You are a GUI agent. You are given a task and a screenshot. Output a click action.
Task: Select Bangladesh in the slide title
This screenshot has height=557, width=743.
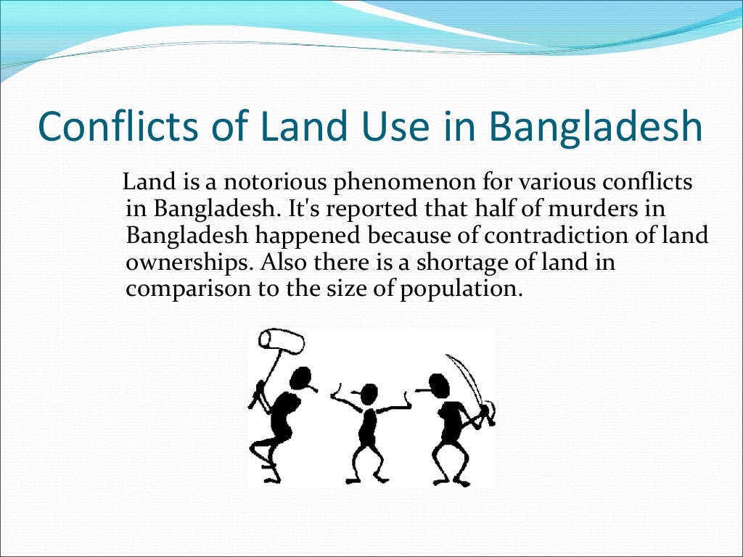click(596, 127)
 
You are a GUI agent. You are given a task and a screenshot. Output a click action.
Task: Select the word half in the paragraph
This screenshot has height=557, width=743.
click(495, 209)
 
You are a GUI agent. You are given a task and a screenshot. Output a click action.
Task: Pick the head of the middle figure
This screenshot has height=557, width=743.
click(369, 394)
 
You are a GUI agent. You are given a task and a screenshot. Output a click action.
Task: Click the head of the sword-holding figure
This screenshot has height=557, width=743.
click(438, 384)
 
